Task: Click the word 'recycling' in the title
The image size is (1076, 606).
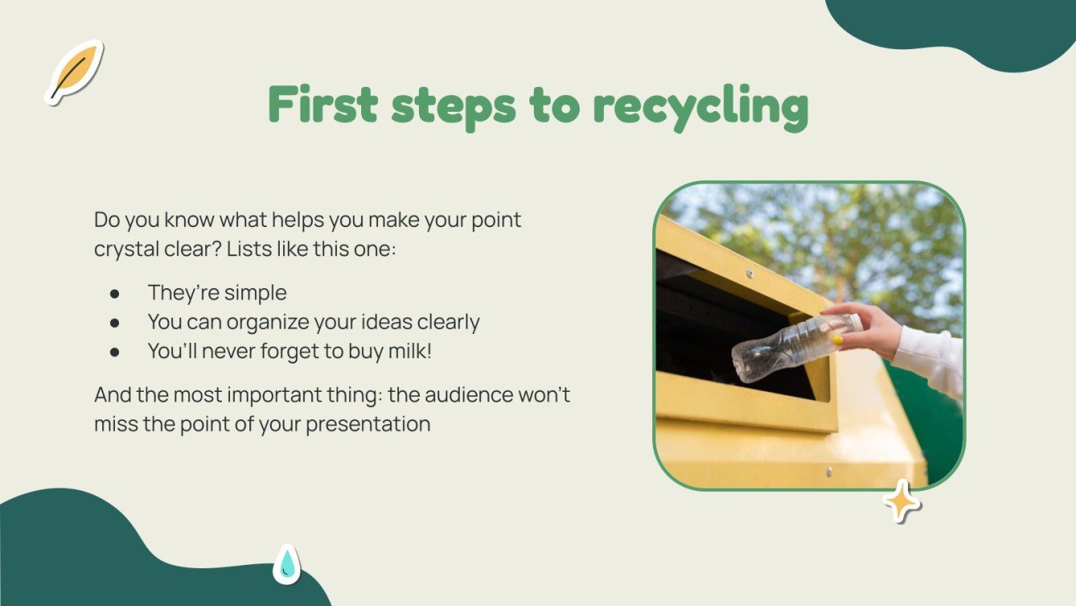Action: [700, 107]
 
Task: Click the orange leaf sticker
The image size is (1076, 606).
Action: [74, 72]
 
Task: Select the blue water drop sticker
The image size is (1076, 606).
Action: [286, 564]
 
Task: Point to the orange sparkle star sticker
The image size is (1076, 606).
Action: [902, 501]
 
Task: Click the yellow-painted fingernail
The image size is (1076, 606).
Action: [838, 340]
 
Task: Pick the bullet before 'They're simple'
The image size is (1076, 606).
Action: [115, 293]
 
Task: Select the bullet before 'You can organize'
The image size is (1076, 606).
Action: [115, 323]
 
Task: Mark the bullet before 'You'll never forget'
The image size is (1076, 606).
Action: [115, 352]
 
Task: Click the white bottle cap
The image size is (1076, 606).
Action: [854, 322]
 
